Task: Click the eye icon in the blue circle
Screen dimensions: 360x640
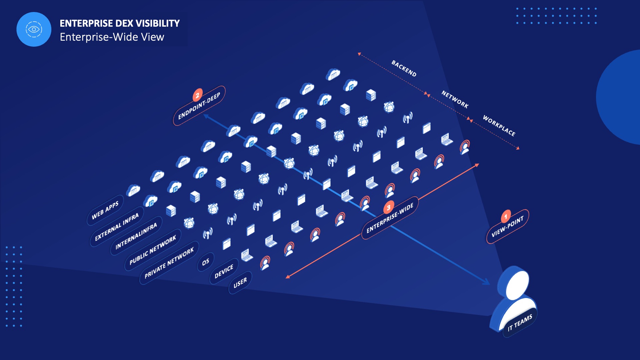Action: tap(34, 29)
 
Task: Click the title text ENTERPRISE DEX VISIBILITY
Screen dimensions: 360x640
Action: tap(120, 23)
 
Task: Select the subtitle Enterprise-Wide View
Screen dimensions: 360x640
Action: tap(112, 37)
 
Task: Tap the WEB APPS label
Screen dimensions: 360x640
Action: tap(105, 210)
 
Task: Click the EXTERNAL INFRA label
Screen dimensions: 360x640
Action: tap(117, 227)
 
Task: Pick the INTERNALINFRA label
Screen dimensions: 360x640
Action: tap(136, 236)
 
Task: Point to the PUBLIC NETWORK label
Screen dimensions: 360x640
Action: tap(153, 250)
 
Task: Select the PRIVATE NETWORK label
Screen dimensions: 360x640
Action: tap(169, 263)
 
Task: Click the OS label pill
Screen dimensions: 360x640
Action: tap(206, 262)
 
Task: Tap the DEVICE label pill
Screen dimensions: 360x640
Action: tap(224, 272)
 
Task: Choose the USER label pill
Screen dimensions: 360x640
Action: tap(240, 283)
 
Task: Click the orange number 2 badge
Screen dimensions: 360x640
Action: tap(198, 95)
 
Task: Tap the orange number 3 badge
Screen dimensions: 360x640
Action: tap(389, 207)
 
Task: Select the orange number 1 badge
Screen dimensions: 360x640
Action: tap(506, 217)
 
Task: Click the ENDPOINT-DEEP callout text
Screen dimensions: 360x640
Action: tap(199, 106)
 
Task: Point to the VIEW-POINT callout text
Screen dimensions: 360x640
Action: tap(508, 226)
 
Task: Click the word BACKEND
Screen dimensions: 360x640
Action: tap(404, 68)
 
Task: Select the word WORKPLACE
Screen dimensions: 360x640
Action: tap(499, 126)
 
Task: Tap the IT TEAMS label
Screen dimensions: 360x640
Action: tap(520, 323)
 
